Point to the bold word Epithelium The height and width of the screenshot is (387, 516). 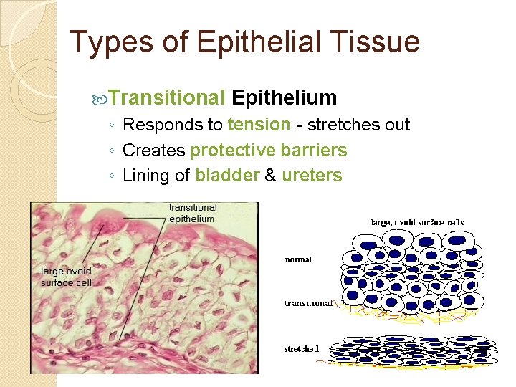(285, 97)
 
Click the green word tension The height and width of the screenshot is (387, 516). (259, 125)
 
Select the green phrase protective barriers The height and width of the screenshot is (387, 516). (269, 150)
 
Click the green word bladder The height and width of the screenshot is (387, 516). (227, 176)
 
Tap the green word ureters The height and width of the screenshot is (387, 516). (312, 176)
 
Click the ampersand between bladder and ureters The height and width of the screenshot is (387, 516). (270, 176)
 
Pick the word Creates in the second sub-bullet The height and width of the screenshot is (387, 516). (153, 150)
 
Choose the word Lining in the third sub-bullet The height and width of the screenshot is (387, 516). (145, 176)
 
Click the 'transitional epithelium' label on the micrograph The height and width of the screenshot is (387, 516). (192, 213)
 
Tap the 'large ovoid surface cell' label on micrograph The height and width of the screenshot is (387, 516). (66, 277)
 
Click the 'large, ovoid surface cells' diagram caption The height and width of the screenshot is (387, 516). (416, 223)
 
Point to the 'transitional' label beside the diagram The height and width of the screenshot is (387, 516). (308, 303)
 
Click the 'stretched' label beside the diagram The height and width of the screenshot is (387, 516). (301, 349)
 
